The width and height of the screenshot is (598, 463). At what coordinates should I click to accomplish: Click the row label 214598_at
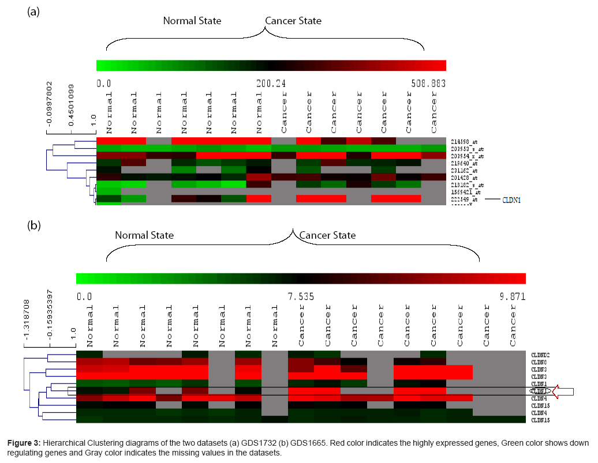(463, 141)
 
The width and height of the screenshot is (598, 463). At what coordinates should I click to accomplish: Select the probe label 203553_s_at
(465, 149)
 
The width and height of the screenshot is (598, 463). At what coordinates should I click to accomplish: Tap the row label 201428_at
(463, 178)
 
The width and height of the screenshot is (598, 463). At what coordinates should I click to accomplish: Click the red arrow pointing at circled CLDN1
(563, 392)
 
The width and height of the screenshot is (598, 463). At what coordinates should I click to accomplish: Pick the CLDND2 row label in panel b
(541, 355)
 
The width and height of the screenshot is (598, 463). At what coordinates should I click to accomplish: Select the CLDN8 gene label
(539, 362)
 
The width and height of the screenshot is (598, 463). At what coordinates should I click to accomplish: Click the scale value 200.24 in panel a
(271, 83)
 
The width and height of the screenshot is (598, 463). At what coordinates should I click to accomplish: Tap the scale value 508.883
(428, 83)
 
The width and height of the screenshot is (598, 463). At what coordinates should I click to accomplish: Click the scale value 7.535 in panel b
(301, 296)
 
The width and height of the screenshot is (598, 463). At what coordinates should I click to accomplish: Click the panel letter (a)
(33, 12)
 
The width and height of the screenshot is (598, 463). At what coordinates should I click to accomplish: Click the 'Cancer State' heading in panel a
(293, 21)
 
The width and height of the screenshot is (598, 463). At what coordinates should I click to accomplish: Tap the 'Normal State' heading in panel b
(144, 235)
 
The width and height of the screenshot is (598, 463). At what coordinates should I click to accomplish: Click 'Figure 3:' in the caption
(24, 443)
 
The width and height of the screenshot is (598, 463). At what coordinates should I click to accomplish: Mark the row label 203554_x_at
(465, 156)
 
